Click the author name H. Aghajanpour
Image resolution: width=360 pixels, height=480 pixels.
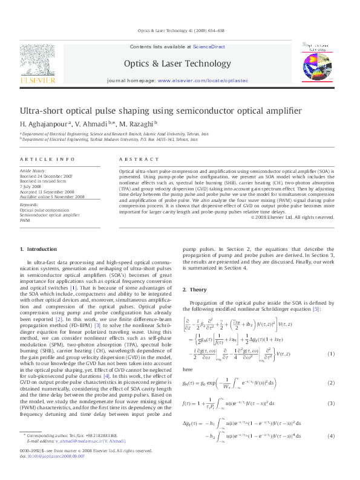point(41,123)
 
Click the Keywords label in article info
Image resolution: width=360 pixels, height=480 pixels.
point(29,204)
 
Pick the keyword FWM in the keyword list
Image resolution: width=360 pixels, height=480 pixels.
point(25,220)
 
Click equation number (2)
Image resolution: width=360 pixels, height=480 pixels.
point(331,382)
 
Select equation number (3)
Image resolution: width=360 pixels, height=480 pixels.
point(331,403)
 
